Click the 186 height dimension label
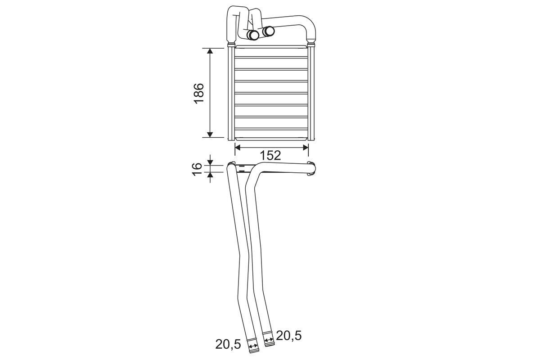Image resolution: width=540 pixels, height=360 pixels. (199, 93)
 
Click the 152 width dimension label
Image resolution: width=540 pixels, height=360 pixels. (270, 156)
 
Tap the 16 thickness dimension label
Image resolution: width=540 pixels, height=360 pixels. (197, 169)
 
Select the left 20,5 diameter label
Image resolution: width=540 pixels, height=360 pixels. (228, 344)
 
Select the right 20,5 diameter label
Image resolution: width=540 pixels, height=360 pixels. (288, 336)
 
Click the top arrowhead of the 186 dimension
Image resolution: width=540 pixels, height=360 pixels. (210, 51)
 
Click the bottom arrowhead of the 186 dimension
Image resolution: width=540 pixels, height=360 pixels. (210, 135)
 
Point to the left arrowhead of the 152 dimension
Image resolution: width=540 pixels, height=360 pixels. (238, 147)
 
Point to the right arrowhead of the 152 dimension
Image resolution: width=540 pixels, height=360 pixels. (306, 147)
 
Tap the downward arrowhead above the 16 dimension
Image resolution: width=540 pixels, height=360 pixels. (210, 163)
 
